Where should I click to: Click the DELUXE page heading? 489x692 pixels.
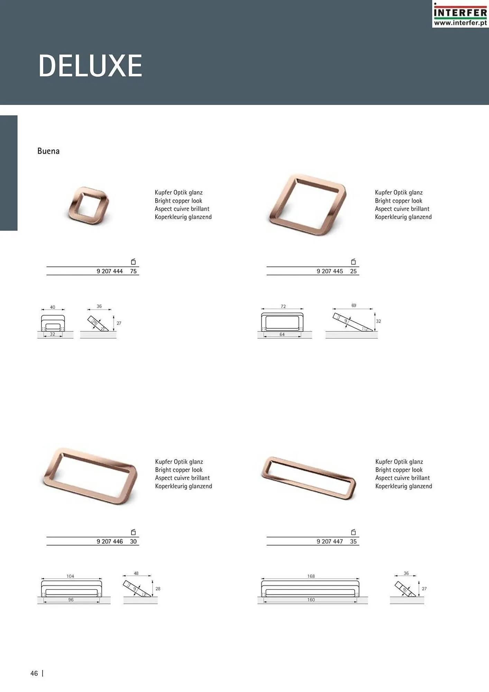90,65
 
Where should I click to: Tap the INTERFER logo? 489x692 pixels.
460,14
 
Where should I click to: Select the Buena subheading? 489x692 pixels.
48,151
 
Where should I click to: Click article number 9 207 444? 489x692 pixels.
110,271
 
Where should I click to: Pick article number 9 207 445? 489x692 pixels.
330,271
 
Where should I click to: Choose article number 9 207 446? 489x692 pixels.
110,541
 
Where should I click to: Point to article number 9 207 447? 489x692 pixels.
330,541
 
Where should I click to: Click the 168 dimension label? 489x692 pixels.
311,576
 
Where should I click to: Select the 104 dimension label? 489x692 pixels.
70,576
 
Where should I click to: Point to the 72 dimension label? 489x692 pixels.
283,306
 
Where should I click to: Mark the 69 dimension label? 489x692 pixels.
354,306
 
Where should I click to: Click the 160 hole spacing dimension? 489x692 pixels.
311,600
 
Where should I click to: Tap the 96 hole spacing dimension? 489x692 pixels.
71,600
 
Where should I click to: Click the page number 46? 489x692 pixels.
34,673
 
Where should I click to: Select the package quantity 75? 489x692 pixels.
133,271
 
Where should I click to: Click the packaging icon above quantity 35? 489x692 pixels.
353,532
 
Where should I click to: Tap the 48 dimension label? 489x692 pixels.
136,573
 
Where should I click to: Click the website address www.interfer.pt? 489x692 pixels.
460,23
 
